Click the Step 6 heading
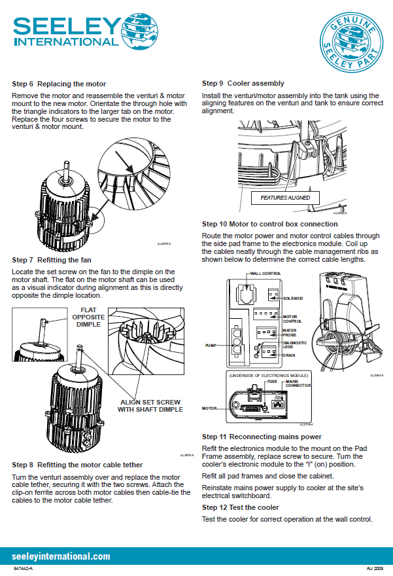tap(59, 84)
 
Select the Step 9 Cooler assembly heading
tap(243, 83)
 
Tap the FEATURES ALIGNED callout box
tap(285, 198)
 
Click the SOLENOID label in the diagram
tap(293, 298)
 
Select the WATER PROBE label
tap(290, 334)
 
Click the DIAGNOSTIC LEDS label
tap(294, 345)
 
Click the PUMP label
tap(211, 344)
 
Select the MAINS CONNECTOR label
tap(298, 383)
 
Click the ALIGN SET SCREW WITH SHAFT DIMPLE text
tap(150, 405)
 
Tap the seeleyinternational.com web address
tap(61, 556)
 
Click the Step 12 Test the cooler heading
tap(241, 507)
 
